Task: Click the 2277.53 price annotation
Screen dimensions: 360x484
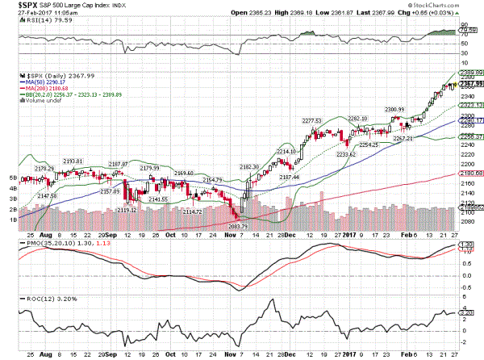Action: click(311, 120)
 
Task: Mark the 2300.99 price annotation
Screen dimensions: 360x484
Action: click(395, 109)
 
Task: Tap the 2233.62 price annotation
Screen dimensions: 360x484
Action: click(346, 153)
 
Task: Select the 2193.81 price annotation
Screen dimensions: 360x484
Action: click(73, 161)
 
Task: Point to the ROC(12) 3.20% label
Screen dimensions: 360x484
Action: click(35, 299)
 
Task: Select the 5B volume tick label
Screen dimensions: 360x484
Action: click(14, 176)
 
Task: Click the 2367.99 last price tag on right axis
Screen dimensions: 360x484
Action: click(472, 83)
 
